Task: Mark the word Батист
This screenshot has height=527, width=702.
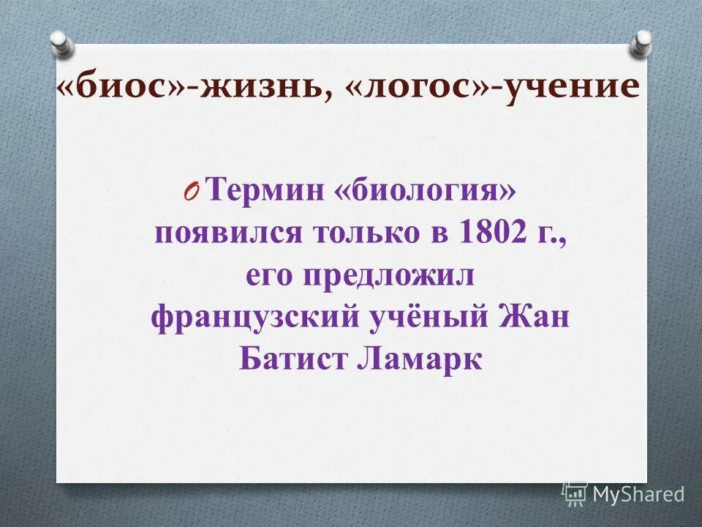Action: click(290, 360)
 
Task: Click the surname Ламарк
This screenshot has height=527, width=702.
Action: click(420, 360)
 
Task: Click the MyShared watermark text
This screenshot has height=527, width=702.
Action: click(638, 494)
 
